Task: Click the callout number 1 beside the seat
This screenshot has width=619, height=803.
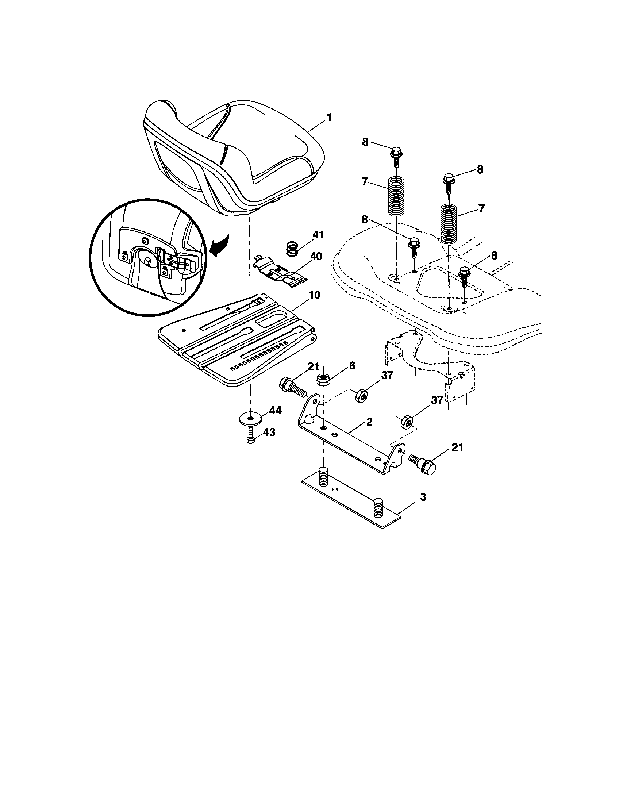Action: (329, 118)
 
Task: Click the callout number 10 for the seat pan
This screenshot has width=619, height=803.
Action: (312, 295)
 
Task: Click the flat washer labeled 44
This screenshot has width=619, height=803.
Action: (250, 419)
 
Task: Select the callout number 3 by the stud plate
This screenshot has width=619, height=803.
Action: (423, 497)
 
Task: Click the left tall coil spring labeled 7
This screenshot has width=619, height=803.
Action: (396, 197)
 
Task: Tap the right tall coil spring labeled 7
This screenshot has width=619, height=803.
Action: (449, 223)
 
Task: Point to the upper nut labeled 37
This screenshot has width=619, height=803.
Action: (361, 396)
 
